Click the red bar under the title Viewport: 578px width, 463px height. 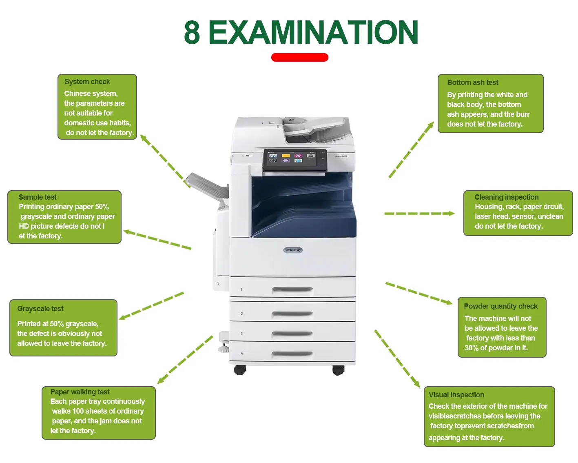pos(299,57)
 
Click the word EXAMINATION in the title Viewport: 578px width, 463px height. pos(313,33)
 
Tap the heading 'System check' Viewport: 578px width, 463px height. pos(87,82)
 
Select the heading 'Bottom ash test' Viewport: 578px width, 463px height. pos(472,82)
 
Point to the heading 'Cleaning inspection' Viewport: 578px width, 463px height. pos(506,197)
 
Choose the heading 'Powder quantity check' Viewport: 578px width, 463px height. pos(500,306)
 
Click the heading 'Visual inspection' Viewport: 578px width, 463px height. pos(456,395)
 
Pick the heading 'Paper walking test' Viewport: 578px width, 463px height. pos(80,392)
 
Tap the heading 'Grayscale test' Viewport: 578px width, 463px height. pos(40,309)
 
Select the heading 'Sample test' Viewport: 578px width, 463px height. pos(38,197)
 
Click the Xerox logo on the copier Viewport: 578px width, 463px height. pos(293,250)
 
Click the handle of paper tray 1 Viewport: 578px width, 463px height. pos(292,290)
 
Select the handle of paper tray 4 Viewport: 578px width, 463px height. pos(292,354)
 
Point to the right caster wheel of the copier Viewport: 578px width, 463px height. pos(338,370)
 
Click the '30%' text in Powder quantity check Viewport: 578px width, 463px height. pos(472,348)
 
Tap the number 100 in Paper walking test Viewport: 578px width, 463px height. pos(78,411)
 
